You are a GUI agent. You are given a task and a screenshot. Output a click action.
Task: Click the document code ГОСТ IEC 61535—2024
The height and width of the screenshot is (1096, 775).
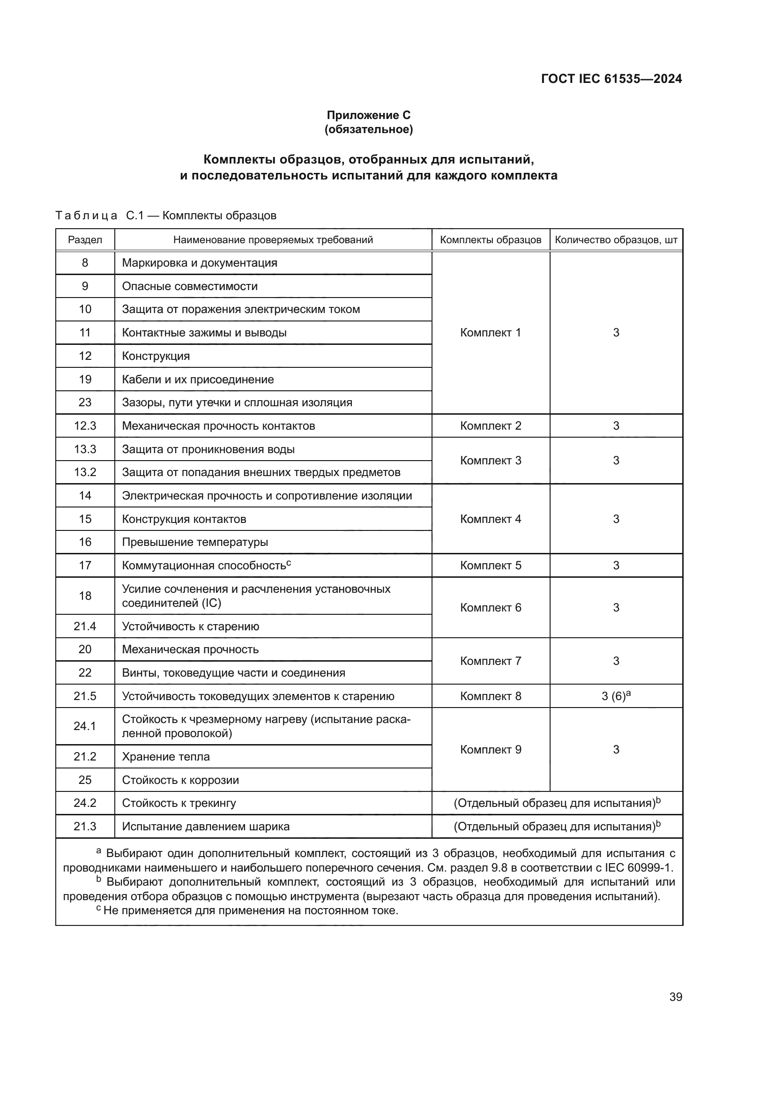click(x=611, y=79)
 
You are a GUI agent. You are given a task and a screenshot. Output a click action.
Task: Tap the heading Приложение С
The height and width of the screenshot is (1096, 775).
click(x=368, y=115)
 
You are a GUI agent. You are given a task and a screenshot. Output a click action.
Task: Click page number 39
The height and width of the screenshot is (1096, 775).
click(x=675, y=997)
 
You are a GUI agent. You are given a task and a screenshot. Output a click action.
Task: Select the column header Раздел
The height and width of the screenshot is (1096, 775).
click(x=85, y=239)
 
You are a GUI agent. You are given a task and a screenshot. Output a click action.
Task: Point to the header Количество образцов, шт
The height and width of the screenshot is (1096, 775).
click(x=616, y=239)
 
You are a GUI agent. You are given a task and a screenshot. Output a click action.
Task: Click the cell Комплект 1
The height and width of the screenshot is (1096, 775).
click(x=490, y=333)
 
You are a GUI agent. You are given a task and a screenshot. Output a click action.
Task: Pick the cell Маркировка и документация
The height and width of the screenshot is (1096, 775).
click(x=200, y=263)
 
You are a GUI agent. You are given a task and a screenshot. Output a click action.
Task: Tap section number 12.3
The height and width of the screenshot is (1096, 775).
click(x=85, y=426)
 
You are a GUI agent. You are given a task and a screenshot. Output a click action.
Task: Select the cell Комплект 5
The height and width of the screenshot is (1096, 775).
click(x=490, y=566)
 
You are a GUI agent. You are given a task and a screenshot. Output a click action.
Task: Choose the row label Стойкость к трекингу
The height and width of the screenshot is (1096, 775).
click(x=179, y=804)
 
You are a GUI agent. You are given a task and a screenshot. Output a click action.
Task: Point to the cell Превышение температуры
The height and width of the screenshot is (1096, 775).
click(x=195, y=542)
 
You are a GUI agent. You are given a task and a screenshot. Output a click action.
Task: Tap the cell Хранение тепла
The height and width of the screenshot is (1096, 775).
click(x=165, y=757)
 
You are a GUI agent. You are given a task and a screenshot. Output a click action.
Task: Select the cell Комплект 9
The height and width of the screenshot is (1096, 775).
click(x=490, y=749)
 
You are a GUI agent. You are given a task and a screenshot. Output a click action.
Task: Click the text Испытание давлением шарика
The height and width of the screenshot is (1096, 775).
click(x=206, y=827)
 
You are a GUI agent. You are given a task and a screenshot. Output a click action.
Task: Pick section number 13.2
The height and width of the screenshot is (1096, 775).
click(x=85, y=472)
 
